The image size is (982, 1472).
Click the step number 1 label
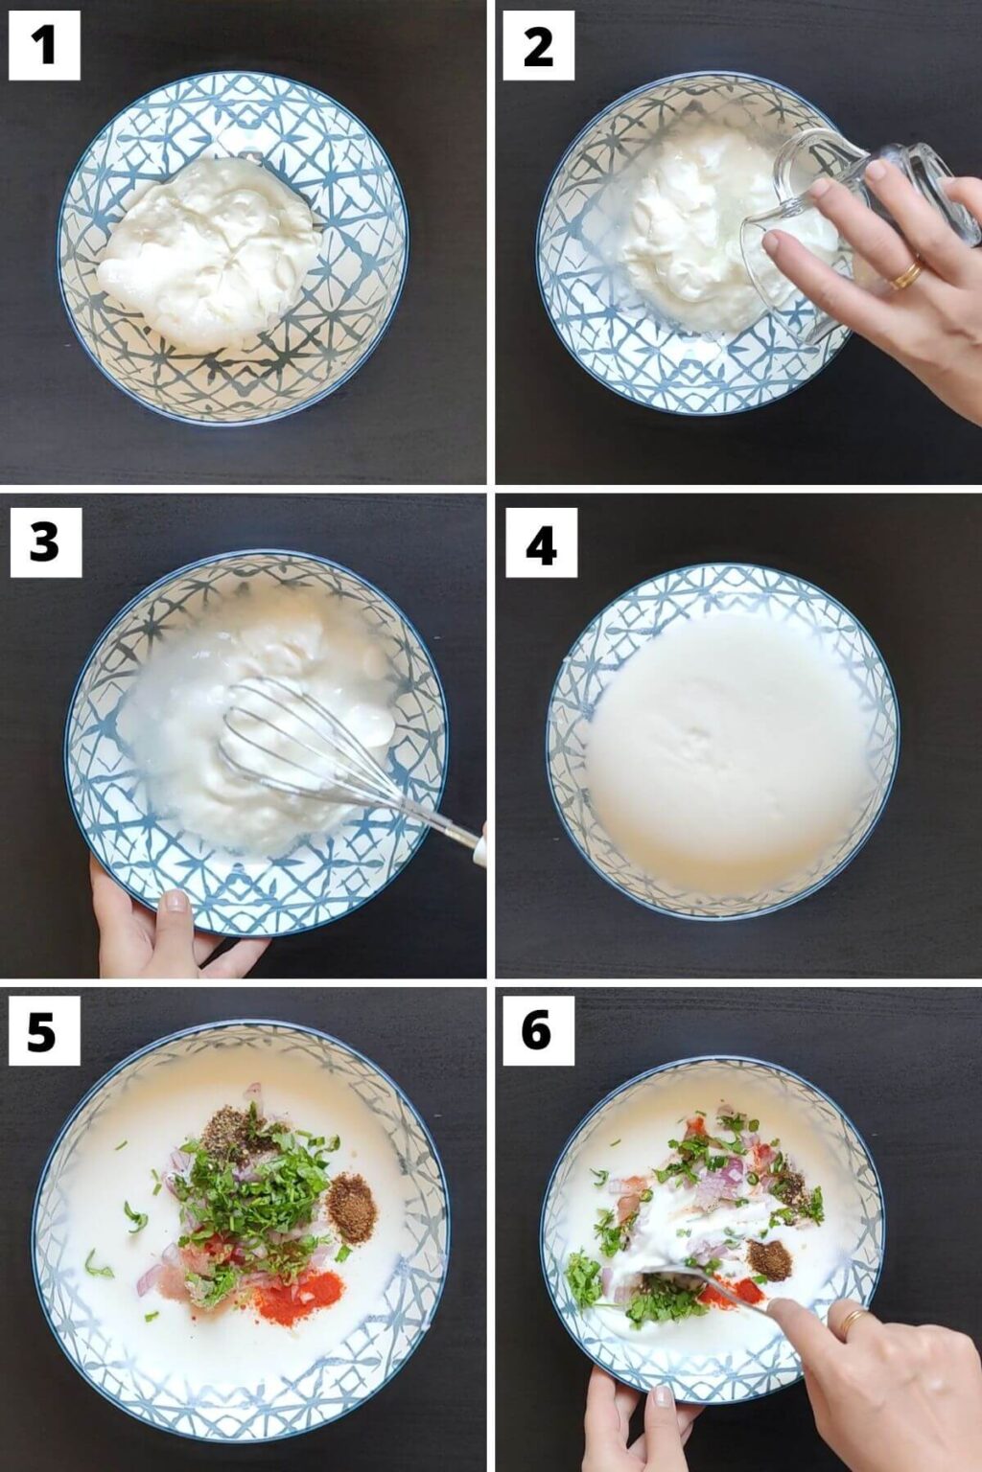coord(44,45)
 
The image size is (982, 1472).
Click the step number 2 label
coord(538,45)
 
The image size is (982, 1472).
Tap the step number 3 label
coord(45,542)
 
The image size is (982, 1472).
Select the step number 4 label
coord(541,543)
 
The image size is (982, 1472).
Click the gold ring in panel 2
coord(905,275)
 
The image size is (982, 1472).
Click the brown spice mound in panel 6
coord(770,1258)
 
